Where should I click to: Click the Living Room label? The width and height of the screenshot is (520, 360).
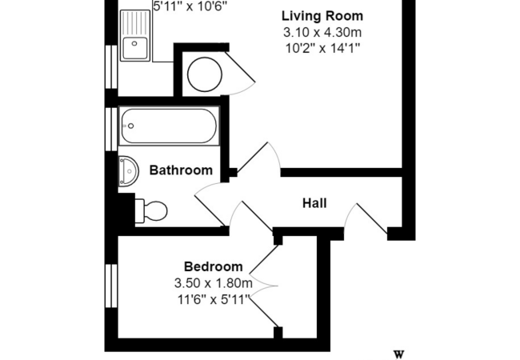(x=322, y=16)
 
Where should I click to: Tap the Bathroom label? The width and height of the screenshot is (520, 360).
(x=182, y=170)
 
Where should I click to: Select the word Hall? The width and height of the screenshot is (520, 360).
(x=314, y=203)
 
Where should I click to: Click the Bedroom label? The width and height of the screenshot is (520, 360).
(x=213, y=266)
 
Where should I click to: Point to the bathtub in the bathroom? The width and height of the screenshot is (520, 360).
(x=170, y=126)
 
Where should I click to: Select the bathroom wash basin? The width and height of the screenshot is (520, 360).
(x=128, y=170)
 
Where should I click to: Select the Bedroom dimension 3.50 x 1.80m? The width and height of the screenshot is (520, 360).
(x=213, y=283)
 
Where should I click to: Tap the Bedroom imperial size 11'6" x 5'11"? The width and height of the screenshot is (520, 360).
(x=213, y=299)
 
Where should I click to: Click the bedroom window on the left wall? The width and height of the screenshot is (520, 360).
(x=111, y=286)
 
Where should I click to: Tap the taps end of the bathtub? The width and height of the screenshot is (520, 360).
(x=129, y=126)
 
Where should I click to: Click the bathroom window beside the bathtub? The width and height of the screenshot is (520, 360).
(x=111, y=126)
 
